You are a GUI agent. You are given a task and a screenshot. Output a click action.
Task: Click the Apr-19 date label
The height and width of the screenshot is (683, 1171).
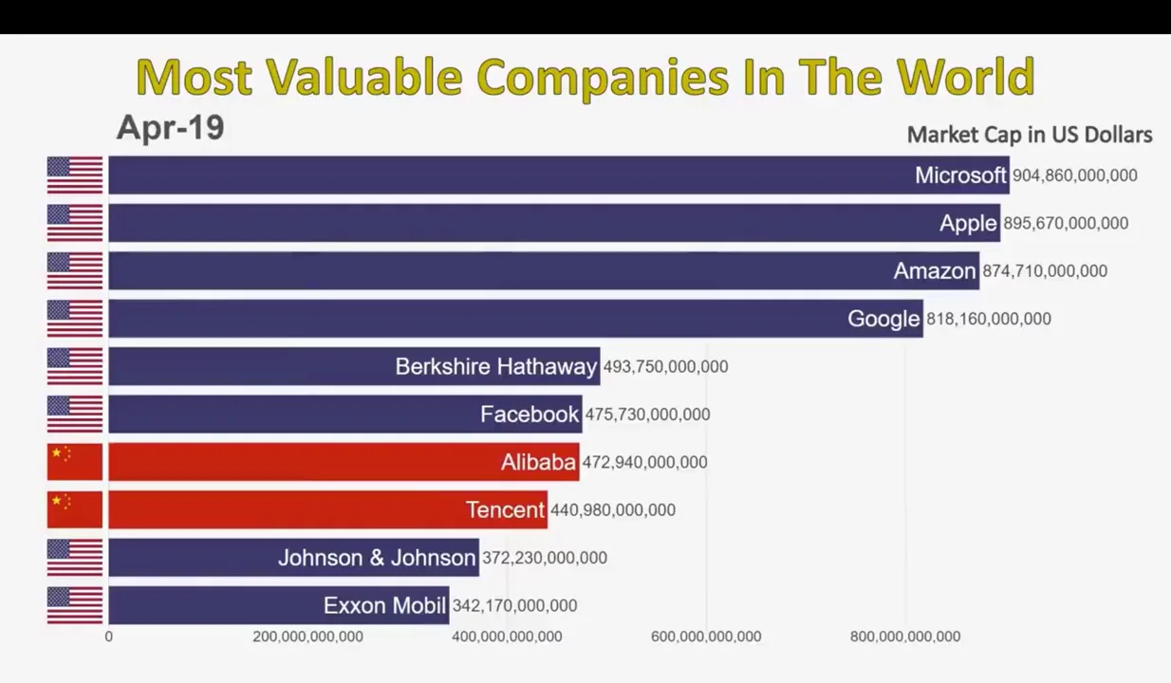click(170, 127)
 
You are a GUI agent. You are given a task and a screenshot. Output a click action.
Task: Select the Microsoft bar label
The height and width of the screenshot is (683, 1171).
click(960, 175)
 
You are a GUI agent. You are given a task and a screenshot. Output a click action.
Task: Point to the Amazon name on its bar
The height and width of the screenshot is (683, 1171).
click(934, 271)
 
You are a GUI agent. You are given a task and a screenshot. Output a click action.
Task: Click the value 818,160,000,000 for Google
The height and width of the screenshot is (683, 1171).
click(988, 319)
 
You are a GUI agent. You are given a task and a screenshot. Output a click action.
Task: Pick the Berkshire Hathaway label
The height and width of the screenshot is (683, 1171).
click(495, 367)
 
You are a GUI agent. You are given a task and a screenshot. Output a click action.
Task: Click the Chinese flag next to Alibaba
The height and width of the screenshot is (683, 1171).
click(75, 462)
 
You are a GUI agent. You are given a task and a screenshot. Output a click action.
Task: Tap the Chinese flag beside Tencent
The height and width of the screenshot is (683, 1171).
click(75, 509)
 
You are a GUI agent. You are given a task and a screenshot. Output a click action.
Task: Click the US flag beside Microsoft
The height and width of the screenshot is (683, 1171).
click(75, 175)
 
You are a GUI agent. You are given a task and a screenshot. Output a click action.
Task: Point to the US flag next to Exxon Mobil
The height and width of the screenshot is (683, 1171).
click(75, 605)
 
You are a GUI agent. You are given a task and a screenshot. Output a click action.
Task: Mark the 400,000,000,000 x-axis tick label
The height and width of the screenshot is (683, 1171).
click(507, 637)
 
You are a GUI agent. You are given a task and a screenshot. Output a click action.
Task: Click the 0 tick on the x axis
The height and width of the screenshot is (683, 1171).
click(108, 637)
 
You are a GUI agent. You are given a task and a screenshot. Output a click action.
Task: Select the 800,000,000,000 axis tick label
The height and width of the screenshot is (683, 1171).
click(904, 637)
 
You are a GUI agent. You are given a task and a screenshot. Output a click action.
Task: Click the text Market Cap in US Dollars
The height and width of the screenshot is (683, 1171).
click(1030, 135)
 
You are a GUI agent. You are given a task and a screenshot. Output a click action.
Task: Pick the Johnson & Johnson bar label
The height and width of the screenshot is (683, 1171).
click(377, 558)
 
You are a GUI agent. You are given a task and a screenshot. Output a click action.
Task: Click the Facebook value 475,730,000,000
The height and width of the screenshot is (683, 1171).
click(647, 415)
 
